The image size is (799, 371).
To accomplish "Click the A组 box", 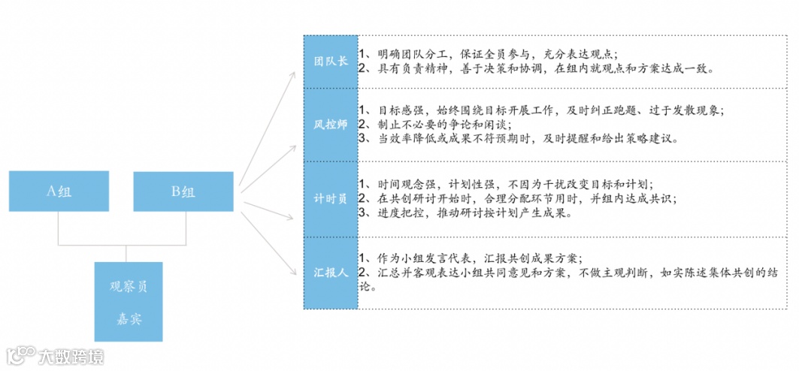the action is click(59, 192).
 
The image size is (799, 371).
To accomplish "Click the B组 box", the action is click(183, 192).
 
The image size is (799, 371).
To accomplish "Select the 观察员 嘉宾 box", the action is click(129, 301).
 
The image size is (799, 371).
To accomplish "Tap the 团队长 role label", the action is click(331, 61).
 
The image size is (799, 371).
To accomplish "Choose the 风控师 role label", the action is click(331, 124).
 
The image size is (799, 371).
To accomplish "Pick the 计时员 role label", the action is click(331, 198).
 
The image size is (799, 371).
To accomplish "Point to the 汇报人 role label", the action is click(331, 273).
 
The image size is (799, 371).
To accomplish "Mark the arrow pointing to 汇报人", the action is click(271, 240).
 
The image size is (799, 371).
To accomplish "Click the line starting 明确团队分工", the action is click(488, 54).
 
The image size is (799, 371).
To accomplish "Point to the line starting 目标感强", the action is click(540, 110).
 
